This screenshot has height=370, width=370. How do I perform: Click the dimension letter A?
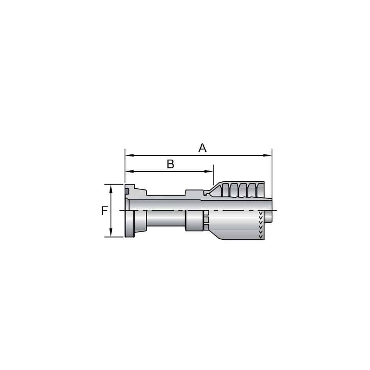(x=202, y=148)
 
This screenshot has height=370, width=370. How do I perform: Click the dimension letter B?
(x=170, y=164)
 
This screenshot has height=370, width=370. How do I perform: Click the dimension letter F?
(x=105, y=211)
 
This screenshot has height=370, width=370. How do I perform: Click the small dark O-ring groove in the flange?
(x=127, y=191)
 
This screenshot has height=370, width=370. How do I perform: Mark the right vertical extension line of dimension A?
(x=272, y=170)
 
